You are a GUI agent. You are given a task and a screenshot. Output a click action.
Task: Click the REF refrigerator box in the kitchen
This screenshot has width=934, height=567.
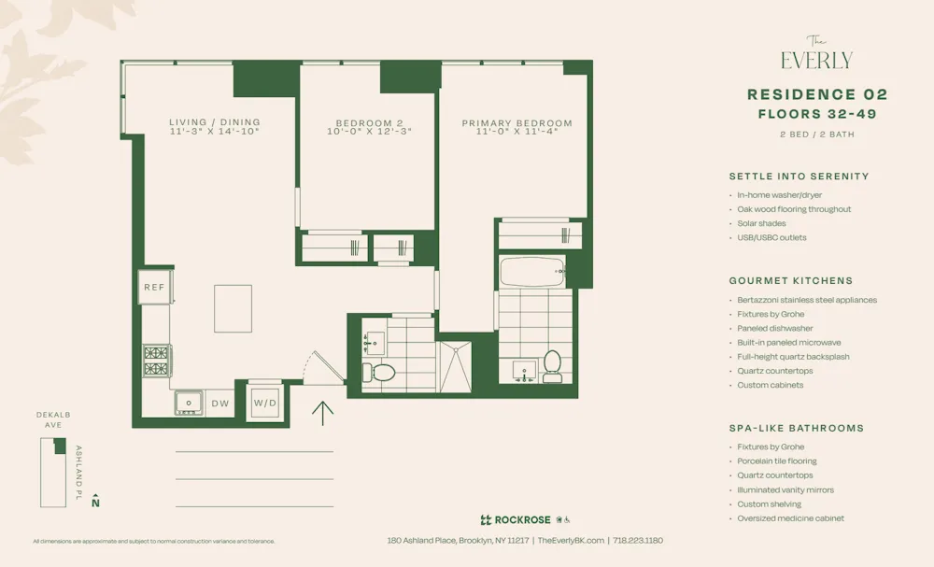[154, 288]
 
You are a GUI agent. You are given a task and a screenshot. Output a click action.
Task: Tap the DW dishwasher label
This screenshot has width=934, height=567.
[220, 404]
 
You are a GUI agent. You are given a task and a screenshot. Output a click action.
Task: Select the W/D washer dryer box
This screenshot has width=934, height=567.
[265, 404]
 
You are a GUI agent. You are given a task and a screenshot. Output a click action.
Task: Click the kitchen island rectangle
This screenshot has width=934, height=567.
[233, 308]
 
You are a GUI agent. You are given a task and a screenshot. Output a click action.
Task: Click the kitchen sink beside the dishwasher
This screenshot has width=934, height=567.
[190, 403]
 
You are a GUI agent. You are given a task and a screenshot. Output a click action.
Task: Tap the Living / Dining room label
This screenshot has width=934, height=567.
[215, 122]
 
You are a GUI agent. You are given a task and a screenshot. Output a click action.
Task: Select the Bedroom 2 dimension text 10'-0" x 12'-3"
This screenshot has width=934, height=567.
[369, 132]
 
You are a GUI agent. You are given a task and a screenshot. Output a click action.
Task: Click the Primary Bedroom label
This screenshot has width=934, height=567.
[517, 123]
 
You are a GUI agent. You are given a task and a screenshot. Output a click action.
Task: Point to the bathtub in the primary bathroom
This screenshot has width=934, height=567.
[532, 272]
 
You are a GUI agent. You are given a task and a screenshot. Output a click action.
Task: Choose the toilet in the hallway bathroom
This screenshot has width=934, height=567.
[384, 372]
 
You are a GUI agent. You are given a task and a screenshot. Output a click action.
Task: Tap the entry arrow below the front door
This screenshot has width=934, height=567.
[322, 412]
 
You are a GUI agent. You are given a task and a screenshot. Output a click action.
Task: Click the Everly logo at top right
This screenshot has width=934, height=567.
[816, 55]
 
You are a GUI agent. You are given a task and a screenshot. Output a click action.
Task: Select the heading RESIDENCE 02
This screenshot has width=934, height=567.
[816, 94]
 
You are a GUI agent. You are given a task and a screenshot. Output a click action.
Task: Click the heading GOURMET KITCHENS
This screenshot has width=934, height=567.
[790, 280]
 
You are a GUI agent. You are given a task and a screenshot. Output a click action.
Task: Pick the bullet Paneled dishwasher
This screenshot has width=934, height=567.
[774, 329]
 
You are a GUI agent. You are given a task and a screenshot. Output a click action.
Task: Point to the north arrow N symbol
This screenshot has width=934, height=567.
[95, 503]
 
